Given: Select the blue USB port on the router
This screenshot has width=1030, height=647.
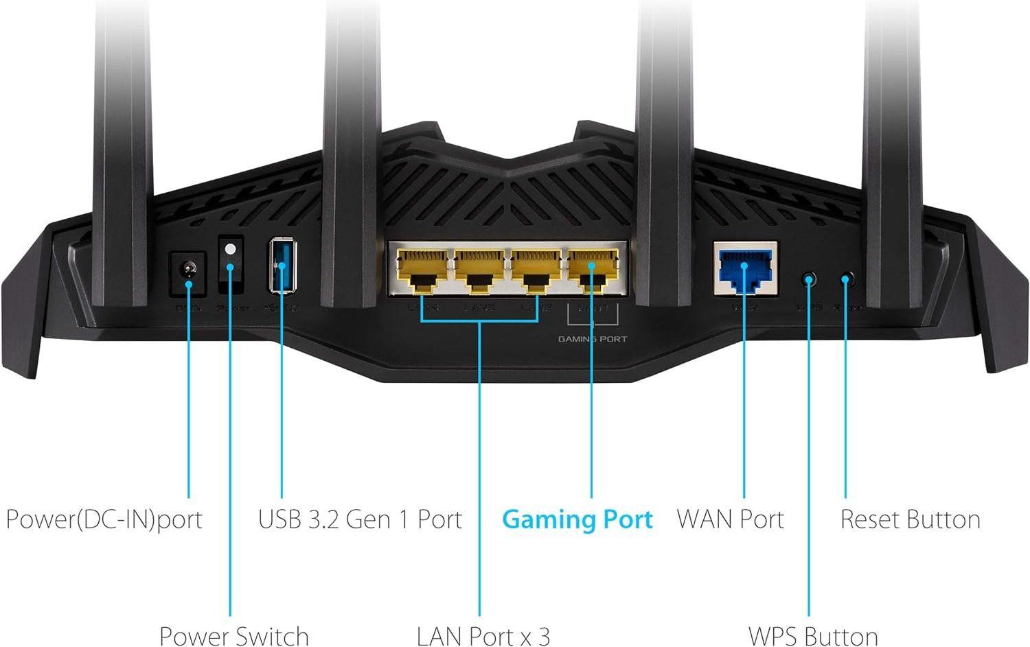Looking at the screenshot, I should (x=282, y=265).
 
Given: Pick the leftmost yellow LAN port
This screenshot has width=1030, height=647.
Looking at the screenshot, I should (x=421, y=270).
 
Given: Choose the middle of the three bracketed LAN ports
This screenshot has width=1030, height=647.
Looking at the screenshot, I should (x=478, y=270).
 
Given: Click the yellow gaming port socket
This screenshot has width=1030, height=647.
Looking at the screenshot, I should (x=592, y=270).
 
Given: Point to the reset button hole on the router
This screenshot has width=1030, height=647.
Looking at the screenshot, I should (x=847, y=279).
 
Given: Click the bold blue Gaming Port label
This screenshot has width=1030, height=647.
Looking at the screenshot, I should (x=577, y=519).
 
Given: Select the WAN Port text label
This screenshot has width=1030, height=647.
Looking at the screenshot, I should (x=730, y=519).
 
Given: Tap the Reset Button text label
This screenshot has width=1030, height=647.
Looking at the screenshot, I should (x=910, y=519).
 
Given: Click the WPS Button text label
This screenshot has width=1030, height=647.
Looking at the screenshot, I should (x=812, y=635).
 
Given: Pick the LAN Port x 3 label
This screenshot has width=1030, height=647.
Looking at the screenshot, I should (x=483, y=635).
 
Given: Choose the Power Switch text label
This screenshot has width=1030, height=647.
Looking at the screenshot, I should (x=233, y=635).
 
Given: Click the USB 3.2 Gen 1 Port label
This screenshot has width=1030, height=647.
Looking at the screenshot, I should (x=360, y=519).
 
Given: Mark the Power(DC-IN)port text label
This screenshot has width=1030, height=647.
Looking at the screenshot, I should (x=104, y=519).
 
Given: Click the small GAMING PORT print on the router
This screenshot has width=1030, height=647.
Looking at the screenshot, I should (x=592, y=339).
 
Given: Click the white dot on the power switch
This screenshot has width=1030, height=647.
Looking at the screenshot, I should (x=231, y=250).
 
